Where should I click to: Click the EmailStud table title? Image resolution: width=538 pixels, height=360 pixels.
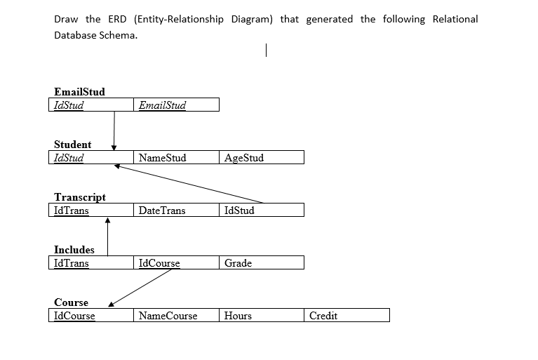pos(79,92)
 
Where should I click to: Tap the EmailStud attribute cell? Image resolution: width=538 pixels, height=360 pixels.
pos(176,105)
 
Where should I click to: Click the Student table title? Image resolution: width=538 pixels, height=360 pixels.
pos(72,145)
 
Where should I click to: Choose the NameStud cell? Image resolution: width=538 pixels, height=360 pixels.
pos(176,158)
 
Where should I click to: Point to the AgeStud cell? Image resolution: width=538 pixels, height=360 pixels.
pos(262,158)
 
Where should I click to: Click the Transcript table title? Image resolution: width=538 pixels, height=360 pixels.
pos(80,197)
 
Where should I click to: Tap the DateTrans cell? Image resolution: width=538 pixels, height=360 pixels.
pos(176,211)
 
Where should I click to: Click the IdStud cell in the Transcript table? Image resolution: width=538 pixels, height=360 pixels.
pos(262,211)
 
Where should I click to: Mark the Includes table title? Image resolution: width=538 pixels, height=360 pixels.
pos(74,250)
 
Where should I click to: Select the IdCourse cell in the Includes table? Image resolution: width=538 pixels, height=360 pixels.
pos(176,263)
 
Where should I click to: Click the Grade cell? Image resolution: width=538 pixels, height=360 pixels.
pos(262,263)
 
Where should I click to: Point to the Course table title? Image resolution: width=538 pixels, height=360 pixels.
pos(71,302)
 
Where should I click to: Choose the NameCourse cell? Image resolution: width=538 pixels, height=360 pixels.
pos(176,316)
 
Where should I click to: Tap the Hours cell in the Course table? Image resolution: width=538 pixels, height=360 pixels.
pos(262,316)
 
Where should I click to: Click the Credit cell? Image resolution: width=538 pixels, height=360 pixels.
pos(347,316)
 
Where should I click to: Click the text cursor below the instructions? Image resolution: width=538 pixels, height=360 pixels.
pos(267,51)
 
